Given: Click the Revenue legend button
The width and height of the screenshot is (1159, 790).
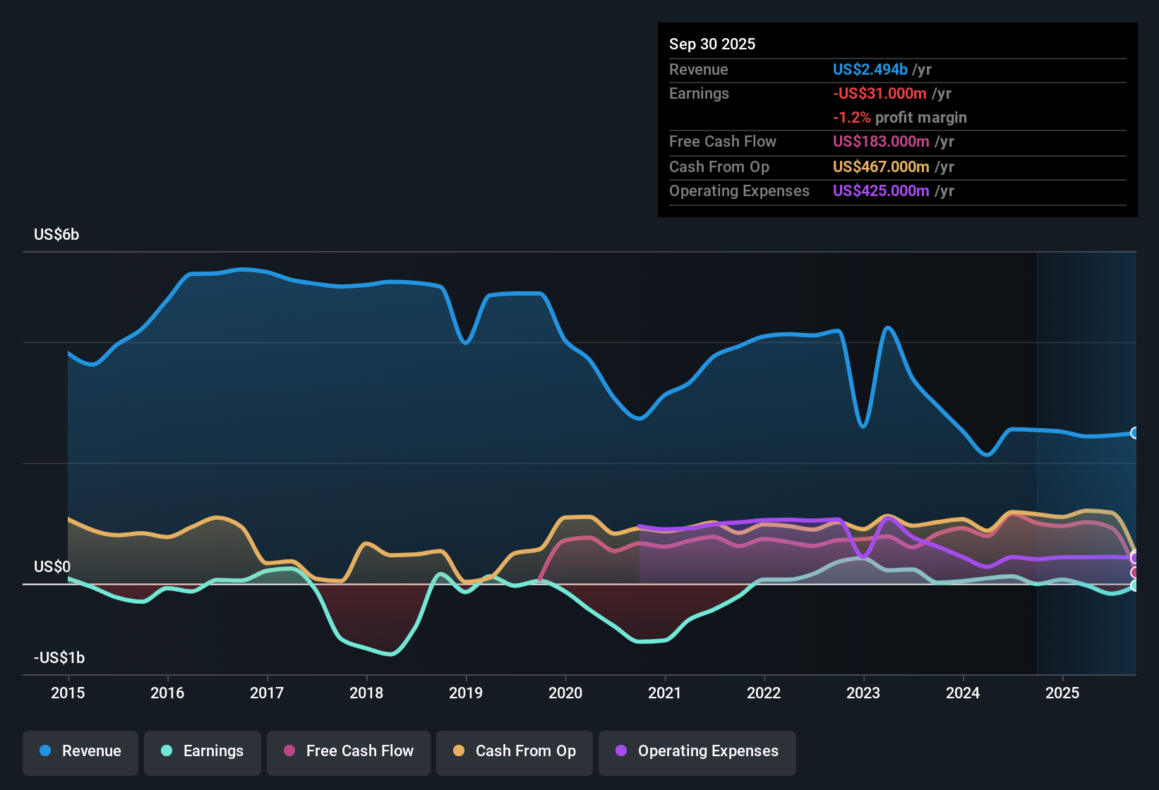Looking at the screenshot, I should click(x=80, y=751).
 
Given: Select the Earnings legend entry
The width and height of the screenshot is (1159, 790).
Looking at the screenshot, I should click(x=203, y=751).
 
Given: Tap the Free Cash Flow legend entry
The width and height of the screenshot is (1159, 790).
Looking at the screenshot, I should click(x=349, y=751).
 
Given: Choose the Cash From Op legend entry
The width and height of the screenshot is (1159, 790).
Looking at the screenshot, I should click(x=515, y=751).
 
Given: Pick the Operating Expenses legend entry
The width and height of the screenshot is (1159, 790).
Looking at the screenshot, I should click(x=697, y=751).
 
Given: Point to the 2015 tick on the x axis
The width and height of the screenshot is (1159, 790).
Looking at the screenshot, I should click(x=68, y=693).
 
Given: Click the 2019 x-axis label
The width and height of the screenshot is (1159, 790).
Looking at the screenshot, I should click(x=466, y=693).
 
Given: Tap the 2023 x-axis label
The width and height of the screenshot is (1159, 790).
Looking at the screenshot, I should click(x=863, y=693).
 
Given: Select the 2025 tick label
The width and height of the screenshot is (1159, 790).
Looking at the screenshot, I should click(x=1062, y=693).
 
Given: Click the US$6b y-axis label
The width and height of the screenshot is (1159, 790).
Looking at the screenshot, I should click(x=56, y=235).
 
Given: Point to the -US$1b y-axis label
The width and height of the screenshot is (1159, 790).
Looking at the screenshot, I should click(x=59, y=658).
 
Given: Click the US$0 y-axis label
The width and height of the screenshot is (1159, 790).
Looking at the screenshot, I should click(x=52, y=567).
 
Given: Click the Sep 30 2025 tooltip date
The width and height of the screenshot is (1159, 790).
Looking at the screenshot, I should click(x=712, y=44).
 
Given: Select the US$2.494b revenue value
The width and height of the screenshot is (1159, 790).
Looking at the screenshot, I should click(x=870, y=70).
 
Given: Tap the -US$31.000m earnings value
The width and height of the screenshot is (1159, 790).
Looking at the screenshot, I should click(x=879, y=94).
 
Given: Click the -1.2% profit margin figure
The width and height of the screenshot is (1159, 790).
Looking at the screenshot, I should click(x=852, y=118).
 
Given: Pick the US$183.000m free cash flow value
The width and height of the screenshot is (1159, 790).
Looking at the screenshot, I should click(x=881, y=142).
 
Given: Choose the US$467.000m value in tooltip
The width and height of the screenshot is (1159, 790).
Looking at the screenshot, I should click(x=881, y=167).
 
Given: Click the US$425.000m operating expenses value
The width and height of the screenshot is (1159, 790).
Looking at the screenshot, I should click(x=881, y=191).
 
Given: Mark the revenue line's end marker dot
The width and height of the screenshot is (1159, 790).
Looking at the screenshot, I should click(x=1134, y=433).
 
